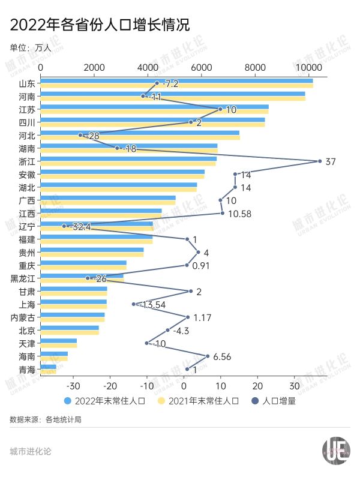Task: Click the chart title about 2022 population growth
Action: click(100, 26)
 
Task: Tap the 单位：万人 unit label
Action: click(31, 48)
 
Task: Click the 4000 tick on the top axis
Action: click(148, 68)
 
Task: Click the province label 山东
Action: click(27, 83)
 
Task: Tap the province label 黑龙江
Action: click(23, 278)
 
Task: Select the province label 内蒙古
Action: click(23, 317)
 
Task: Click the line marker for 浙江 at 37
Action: click(320, 161)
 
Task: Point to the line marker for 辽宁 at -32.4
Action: click(64, 226)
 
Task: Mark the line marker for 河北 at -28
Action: click(80, 135)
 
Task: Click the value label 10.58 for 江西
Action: click(239, 213)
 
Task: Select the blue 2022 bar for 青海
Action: click(47, 367)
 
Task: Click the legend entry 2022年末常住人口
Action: click(104, 400)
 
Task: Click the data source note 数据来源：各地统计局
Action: click(46, 419)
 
